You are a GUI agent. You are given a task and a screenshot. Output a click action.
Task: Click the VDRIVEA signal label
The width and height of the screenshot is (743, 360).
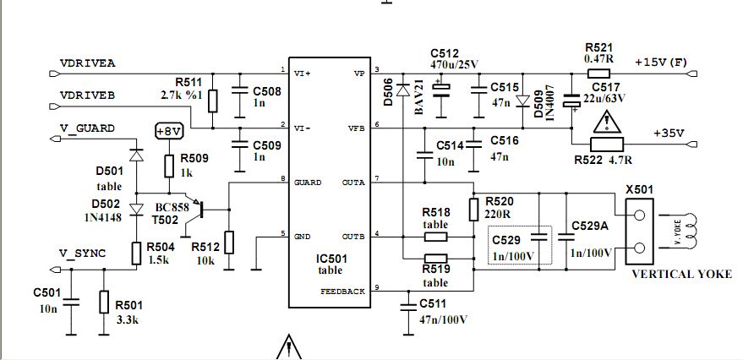(87, 63)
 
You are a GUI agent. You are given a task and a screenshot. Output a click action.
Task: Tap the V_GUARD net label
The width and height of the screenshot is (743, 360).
(86, 128)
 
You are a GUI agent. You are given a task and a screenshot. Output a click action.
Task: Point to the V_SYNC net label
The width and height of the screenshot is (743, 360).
(82, 253)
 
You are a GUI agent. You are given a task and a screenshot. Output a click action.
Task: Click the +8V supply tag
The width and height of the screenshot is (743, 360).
(169, 131)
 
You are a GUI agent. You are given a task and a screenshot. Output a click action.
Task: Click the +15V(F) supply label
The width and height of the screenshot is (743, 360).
(663, 63)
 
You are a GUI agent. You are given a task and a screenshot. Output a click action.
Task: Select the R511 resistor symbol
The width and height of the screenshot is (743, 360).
(212, 101)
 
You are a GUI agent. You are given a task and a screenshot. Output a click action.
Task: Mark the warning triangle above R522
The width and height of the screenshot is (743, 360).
(604, 123)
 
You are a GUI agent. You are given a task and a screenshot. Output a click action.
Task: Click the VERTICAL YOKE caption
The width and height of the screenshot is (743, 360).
(681, 275)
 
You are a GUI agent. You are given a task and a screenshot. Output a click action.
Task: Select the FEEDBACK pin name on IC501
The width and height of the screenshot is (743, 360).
(343, 291)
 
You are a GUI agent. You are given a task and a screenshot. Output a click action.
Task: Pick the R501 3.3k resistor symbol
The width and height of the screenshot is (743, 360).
(104, 301)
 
